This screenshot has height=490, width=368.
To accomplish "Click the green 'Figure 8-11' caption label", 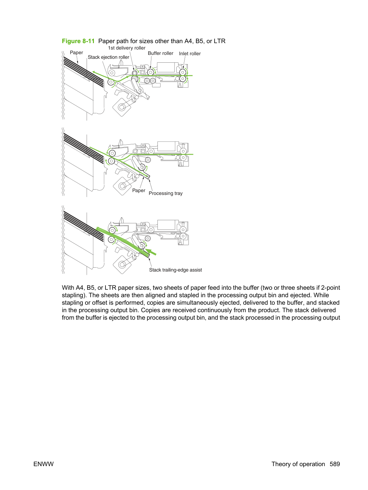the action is (x=78, y=41).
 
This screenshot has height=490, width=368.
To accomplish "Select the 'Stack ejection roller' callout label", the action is (x=108, y=57).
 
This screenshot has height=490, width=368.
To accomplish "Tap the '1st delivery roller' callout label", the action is (x=126, y=48).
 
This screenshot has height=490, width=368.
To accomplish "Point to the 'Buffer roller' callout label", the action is (x=160, y=53).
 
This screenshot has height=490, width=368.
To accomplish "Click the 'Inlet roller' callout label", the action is (x=190, y=53).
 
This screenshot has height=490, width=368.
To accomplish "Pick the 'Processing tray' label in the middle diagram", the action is (x=166, y=193).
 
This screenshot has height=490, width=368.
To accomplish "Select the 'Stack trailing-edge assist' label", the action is (x=175, y=270).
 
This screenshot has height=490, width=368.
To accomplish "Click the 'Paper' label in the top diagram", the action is (x=76, y=52).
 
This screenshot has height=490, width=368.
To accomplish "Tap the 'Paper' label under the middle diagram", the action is (x=139, y=190).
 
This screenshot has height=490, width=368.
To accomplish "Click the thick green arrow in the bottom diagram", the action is (x=151, y=252).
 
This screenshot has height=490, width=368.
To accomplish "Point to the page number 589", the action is (x=335, y=464).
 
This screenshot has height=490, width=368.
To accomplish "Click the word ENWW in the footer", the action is (x=43, y=464).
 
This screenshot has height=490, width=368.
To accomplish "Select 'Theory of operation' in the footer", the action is (x=298, y=464).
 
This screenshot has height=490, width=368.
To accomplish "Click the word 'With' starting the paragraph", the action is (x=68, y=288).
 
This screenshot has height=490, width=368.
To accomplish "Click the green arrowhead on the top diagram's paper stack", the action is (x=95, y=72).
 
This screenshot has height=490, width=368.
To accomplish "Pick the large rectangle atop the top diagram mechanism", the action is (x=166, y=67).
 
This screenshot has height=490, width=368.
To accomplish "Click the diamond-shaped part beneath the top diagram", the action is (x=122, y=107).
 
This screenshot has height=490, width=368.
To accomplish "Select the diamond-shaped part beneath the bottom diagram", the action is (x=122, y=264).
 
